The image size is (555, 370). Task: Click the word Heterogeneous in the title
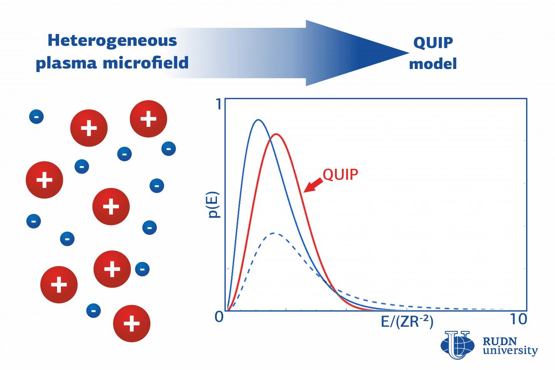[x=112, y=40]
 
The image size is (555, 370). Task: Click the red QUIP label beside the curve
[x=340, y=175]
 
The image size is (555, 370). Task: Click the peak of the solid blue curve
[x=258, y=120]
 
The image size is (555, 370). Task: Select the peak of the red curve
[x=276, y=134]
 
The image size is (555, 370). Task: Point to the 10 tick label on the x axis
[x=518, y=319]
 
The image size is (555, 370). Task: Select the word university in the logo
[x=510, y=351]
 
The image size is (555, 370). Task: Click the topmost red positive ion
[x=148, y=119]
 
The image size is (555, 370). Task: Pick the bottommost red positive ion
[x=131, y=324]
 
